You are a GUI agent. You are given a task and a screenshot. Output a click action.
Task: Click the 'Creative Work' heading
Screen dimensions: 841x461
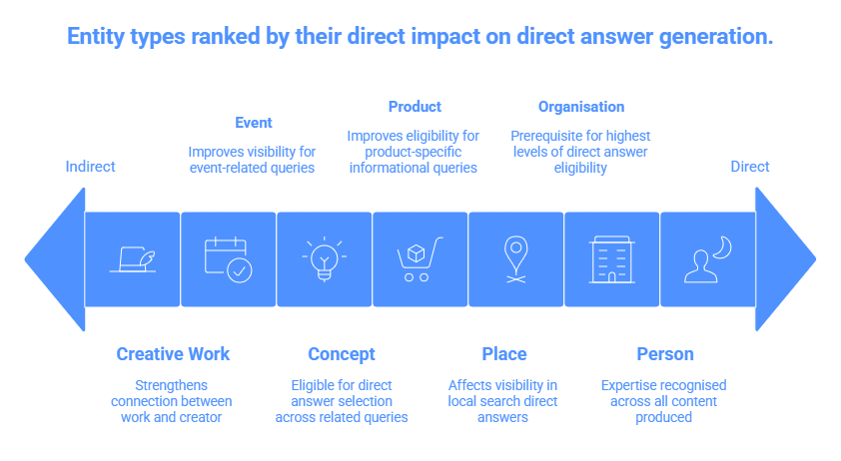(x=173, y=354)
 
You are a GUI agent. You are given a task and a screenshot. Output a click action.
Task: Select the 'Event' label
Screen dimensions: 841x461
(x=254, y=123)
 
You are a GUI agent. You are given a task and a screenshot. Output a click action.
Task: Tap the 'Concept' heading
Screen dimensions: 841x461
(x=342, y=354)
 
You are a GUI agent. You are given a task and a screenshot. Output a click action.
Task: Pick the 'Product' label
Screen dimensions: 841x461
(x=415, y=107)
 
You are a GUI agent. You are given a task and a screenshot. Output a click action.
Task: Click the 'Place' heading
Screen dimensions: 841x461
(x=504, y=354)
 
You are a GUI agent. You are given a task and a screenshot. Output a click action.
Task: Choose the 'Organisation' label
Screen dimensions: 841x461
(x=581, y=107)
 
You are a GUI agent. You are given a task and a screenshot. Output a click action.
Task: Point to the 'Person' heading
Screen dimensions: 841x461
(x=665, y=354)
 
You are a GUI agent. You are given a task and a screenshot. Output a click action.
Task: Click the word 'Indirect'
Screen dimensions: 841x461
(x=90, y=167)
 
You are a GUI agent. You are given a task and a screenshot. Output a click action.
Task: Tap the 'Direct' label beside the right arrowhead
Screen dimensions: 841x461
(x=750, y=167)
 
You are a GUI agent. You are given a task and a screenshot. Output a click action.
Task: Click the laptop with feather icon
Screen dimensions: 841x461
(x=133, y=259)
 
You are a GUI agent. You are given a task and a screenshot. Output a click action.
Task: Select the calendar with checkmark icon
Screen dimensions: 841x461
(x=229, y=259)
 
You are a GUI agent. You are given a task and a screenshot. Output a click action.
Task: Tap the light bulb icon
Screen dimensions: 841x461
(x=324, y=258)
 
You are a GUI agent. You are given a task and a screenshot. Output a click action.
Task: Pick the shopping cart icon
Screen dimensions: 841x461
(x=420, y=259)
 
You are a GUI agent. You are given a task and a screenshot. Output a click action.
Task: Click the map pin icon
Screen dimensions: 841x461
(x=516, y=259)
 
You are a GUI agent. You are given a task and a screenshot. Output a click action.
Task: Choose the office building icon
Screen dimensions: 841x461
(x=611, y=259)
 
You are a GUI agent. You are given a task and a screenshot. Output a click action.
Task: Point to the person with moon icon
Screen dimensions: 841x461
(x=707, y=259)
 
